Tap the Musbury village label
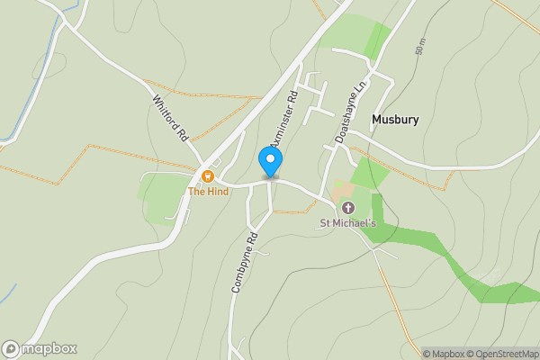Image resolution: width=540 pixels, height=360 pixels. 395,120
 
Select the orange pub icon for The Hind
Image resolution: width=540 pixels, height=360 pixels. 208,176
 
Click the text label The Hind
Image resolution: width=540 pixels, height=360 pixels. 208,192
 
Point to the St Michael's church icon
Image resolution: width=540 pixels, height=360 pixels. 348,208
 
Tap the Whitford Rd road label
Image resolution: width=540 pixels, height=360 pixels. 171,118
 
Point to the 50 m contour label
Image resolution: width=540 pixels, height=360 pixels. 419,47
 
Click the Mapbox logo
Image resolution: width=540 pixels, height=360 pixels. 39,348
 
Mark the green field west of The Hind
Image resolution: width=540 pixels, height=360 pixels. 160,198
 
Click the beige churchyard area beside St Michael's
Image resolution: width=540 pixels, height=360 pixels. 342,192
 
